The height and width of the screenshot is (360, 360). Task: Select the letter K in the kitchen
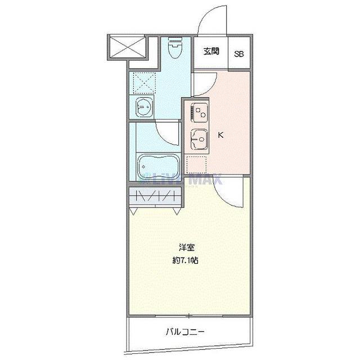(221, 135)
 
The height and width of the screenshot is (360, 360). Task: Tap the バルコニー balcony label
(185, 332)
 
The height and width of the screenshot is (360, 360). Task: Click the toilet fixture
(174, 49)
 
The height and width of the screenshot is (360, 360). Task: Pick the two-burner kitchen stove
(198, 112)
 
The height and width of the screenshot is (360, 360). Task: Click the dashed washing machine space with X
(143, 83)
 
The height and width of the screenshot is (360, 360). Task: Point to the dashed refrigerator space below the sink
(197, 165)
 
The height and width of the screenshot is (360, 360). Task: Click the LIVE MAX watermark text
(186, 181)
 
